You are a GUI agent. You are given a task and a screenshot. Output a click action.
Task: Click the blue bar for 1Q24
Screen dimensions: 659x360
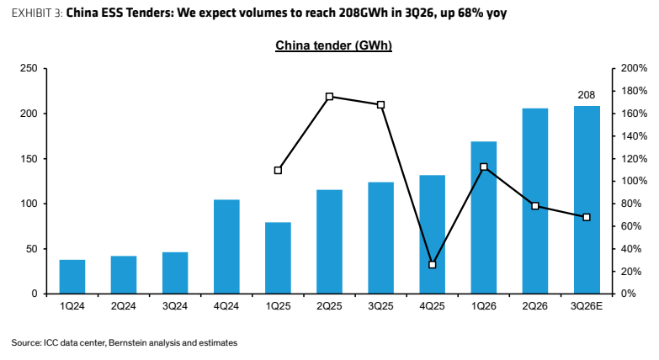click(x=72, y=277)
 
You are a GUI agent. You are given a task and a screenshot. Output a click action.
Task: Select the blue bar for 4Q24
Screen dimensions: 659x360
click(x=226, y=246)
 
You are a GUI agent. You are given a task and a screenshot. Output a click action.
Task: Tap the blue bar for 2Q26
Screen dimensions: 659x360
click(x=535, y=201)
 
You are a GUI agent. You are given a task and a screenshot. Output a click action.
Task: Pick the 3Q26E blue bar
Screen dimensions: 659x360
click(x=587, y=199)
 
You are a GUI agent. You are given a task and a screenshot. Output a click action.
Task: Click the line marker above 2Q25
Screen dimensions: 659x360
click(x=330, y=97)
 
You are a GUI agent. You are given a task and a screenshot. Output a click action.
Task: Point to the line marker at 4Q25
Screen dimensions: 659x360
click(x=433, y=265)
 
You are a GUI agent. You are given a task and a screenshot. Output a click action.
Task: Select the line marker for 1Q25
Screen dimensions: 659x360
click(x=278, y=171)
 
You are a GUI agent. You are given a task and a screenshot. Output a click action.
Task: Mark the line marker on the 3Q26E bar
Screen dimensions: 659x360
click(x=587, y=217)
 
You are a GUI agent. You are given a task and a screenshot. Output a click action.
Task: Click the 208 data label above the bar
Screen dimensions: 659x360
click(x=587, y=95)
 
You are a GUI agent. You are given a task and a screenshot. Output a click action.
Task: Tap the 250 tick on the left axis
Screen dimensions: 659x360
click(x=29, y=68)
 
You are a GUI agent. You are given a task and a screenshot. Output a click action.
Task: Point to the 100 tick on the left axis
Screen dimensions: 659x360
click(x=29, y=204)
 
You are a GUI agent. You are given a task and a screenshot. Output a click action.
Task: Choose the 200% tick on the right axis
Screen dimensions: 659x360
click(x=635, y=68)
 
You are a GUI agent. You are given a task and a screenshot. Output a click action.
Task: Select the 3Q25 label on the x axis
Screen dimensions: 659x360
click(x=380, y=306)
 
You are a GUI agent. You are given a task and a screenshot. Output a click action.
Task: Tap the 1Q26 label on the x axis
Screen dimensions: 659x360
click(x=484, y=306)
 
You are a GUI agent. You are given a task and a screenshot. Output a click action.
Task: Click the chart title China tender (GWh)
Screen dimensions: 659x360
click(x=333, y=45)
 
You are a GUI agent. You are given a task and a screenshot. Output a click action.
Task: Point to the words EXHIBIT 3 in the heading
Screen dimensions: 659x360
click(x=37, y=13)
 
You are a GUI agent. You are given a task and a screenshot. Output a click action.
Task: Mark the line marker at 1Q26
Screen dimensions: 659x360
click(x=484, y=167)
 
